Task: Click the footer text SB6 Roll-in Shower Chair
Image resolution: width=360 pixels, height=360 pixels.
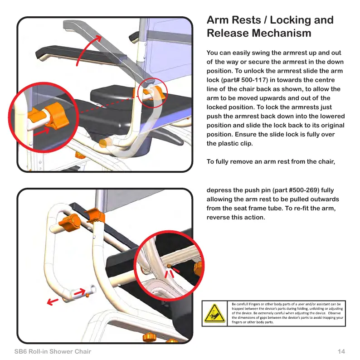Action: (x=53, y=352)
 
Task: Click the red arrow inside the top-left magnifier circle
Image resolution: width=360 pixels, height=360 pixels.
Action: (x=48, y=131)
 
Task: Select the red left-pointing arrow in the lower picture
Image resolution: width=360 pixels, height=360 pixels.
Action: (x=54, y=301)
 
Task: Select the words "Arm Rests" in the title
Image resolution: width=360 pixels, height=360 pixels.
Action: (x=234, y=20)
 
